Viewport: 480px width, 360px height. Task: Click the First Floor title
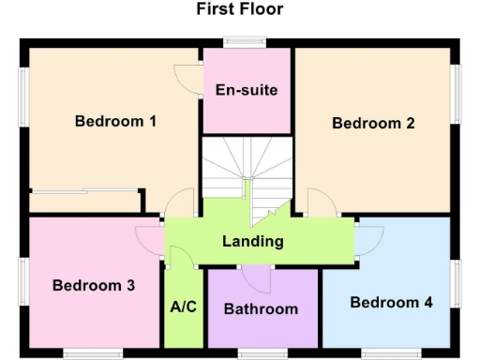(240, 9)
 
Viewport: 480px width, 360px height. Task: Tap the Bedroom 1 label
(115, 121)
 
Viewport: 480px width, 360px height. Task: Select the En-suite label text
(247, 90)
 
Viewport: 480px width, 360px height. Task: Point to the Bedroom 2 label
(373, 123)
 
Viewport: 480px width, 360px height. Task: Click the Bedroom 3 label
(93, 285)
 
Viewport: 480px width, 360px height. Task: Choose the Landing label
(252, 241)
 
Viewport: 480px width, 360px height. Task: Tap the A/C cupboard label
(182, 307)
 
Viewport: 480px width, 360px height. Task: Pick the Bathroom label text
(262, 308)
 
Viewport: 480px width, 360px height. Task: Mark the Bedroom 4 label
(391, 302)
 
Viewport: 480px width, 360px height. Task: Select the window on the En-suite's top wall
(246, 42)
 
